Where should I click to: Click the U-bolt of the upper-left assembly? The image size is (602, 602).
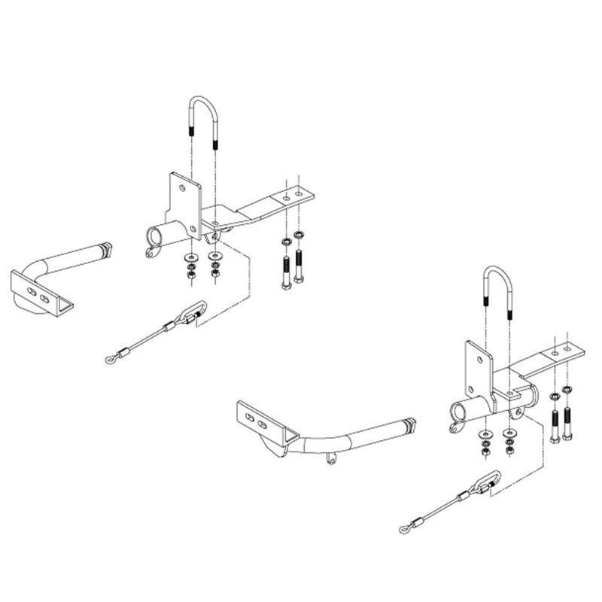[203, 105]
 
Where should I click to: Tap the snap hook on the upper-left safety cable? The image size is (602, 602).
[193, 311]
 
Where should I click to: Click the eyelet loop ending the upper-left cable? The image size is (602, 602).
[112, 359]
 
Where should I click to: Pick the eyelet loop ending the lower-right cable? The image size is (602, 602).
[405, 529]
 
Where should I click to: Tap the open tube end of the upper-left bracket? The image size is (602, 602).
[155, 238]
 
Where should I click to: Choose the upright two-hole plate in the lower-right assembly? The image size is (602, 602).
[479, 369]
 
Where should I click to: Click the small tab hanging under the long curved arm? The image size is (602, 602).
[330, 458]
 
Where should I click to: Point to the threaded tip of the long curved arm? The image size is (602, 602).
[409, 424]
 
